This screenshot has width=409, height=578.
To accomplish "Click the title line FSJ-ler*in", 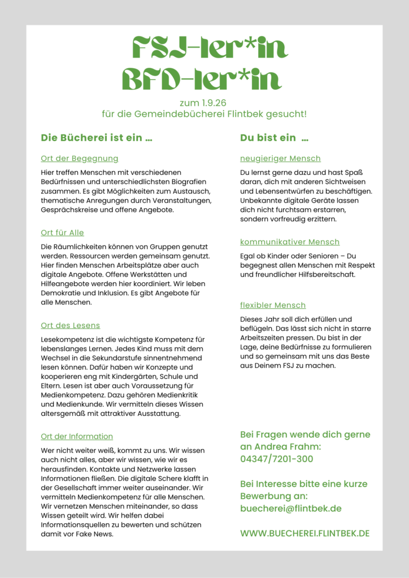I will (x=204, y=49).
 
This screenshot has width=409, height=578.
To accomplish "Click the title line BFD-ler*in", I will (x=202, y=80).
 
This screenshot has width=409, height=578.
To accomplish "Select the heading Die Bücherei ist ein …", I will (x=97, y=138).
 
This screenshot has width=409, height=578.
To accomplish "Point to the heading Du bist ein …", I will (x=275, y=138).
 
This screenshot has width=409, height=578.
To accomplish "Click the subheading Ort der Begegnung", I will (x=80, y=159).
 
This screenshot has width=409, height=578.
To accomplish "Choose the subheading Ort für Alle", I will (x=62, y=233).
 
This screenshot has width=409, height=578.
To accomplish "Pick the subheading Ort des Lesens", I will (x=70, y=325).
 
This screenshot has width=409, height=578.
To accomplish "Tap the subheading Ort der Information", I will (x=77, y=436).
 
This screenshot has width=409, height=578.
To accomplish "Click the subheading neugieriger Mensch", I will (x=280, y=159).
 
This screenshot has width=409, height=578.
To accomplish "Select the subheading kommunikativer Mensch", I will (x=290, y=242).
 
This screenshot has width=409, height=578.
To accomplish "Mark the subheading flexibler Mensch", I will (x=273, y=305).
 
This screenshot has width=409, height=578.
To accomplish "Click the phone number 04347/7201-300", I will (x=277, y=459).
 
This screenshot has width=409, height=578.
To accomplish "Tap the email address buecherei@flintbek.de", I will (x=291, y=509).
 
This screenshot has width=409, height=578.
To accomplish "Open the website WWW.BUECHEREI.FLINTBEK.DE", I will (x=305, y=533).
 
